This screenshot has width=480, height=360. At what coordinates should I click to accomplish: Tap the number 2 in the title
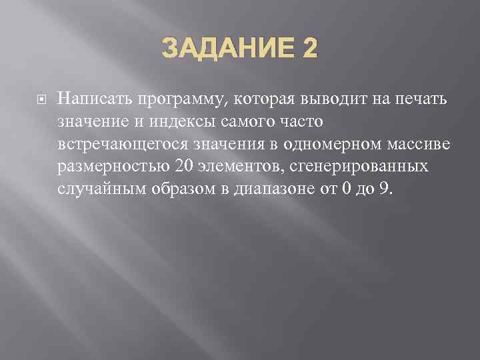point(309,49)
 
